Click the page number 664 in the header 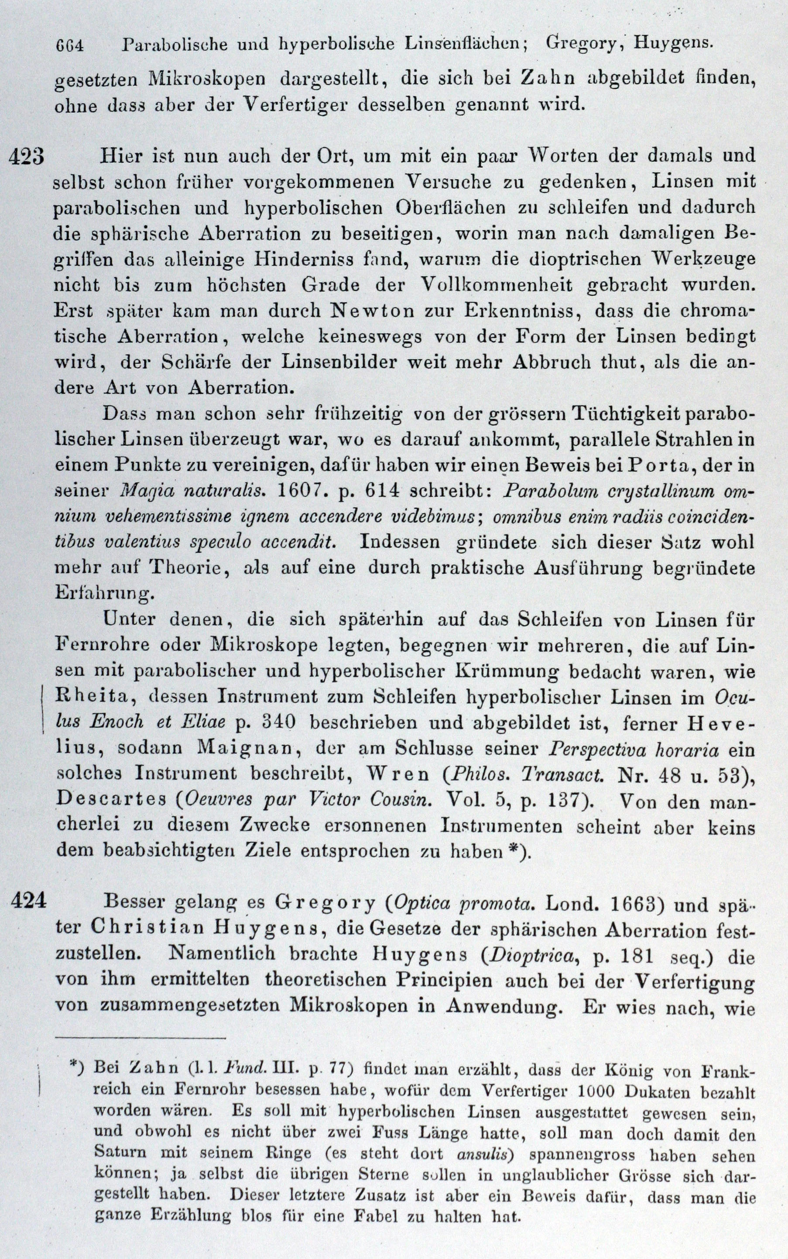point(69,46)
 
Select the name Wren point(398,775)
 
